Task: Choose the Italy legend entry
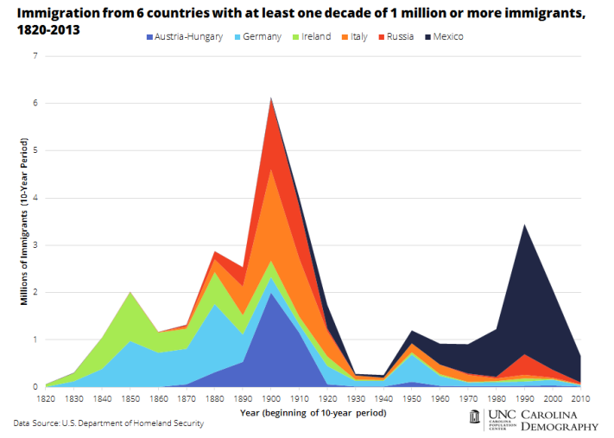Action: (358, 36)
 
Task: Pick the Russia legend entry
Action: (400, 36)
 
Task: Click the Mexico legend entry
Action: (446, 36)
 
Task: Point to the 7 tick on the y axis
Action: (35, 56)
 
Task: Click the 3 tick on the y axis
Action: (35, 245)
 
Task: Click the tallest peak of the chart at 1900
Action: (271, 99)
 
